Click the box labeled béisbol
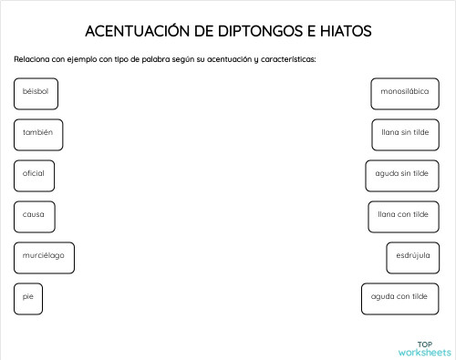coord(36,93)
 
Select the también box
coord(38,134)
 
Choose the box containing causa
coord(35,216)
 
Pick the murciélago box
coord(44,257)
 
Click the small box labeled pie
coord(28,297)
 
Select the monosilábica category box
coord(406,93)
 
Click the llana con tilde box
coord(403,216)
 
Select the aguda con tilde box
coord(399,297)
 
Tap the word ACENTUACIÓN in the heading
coord(137,32)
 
